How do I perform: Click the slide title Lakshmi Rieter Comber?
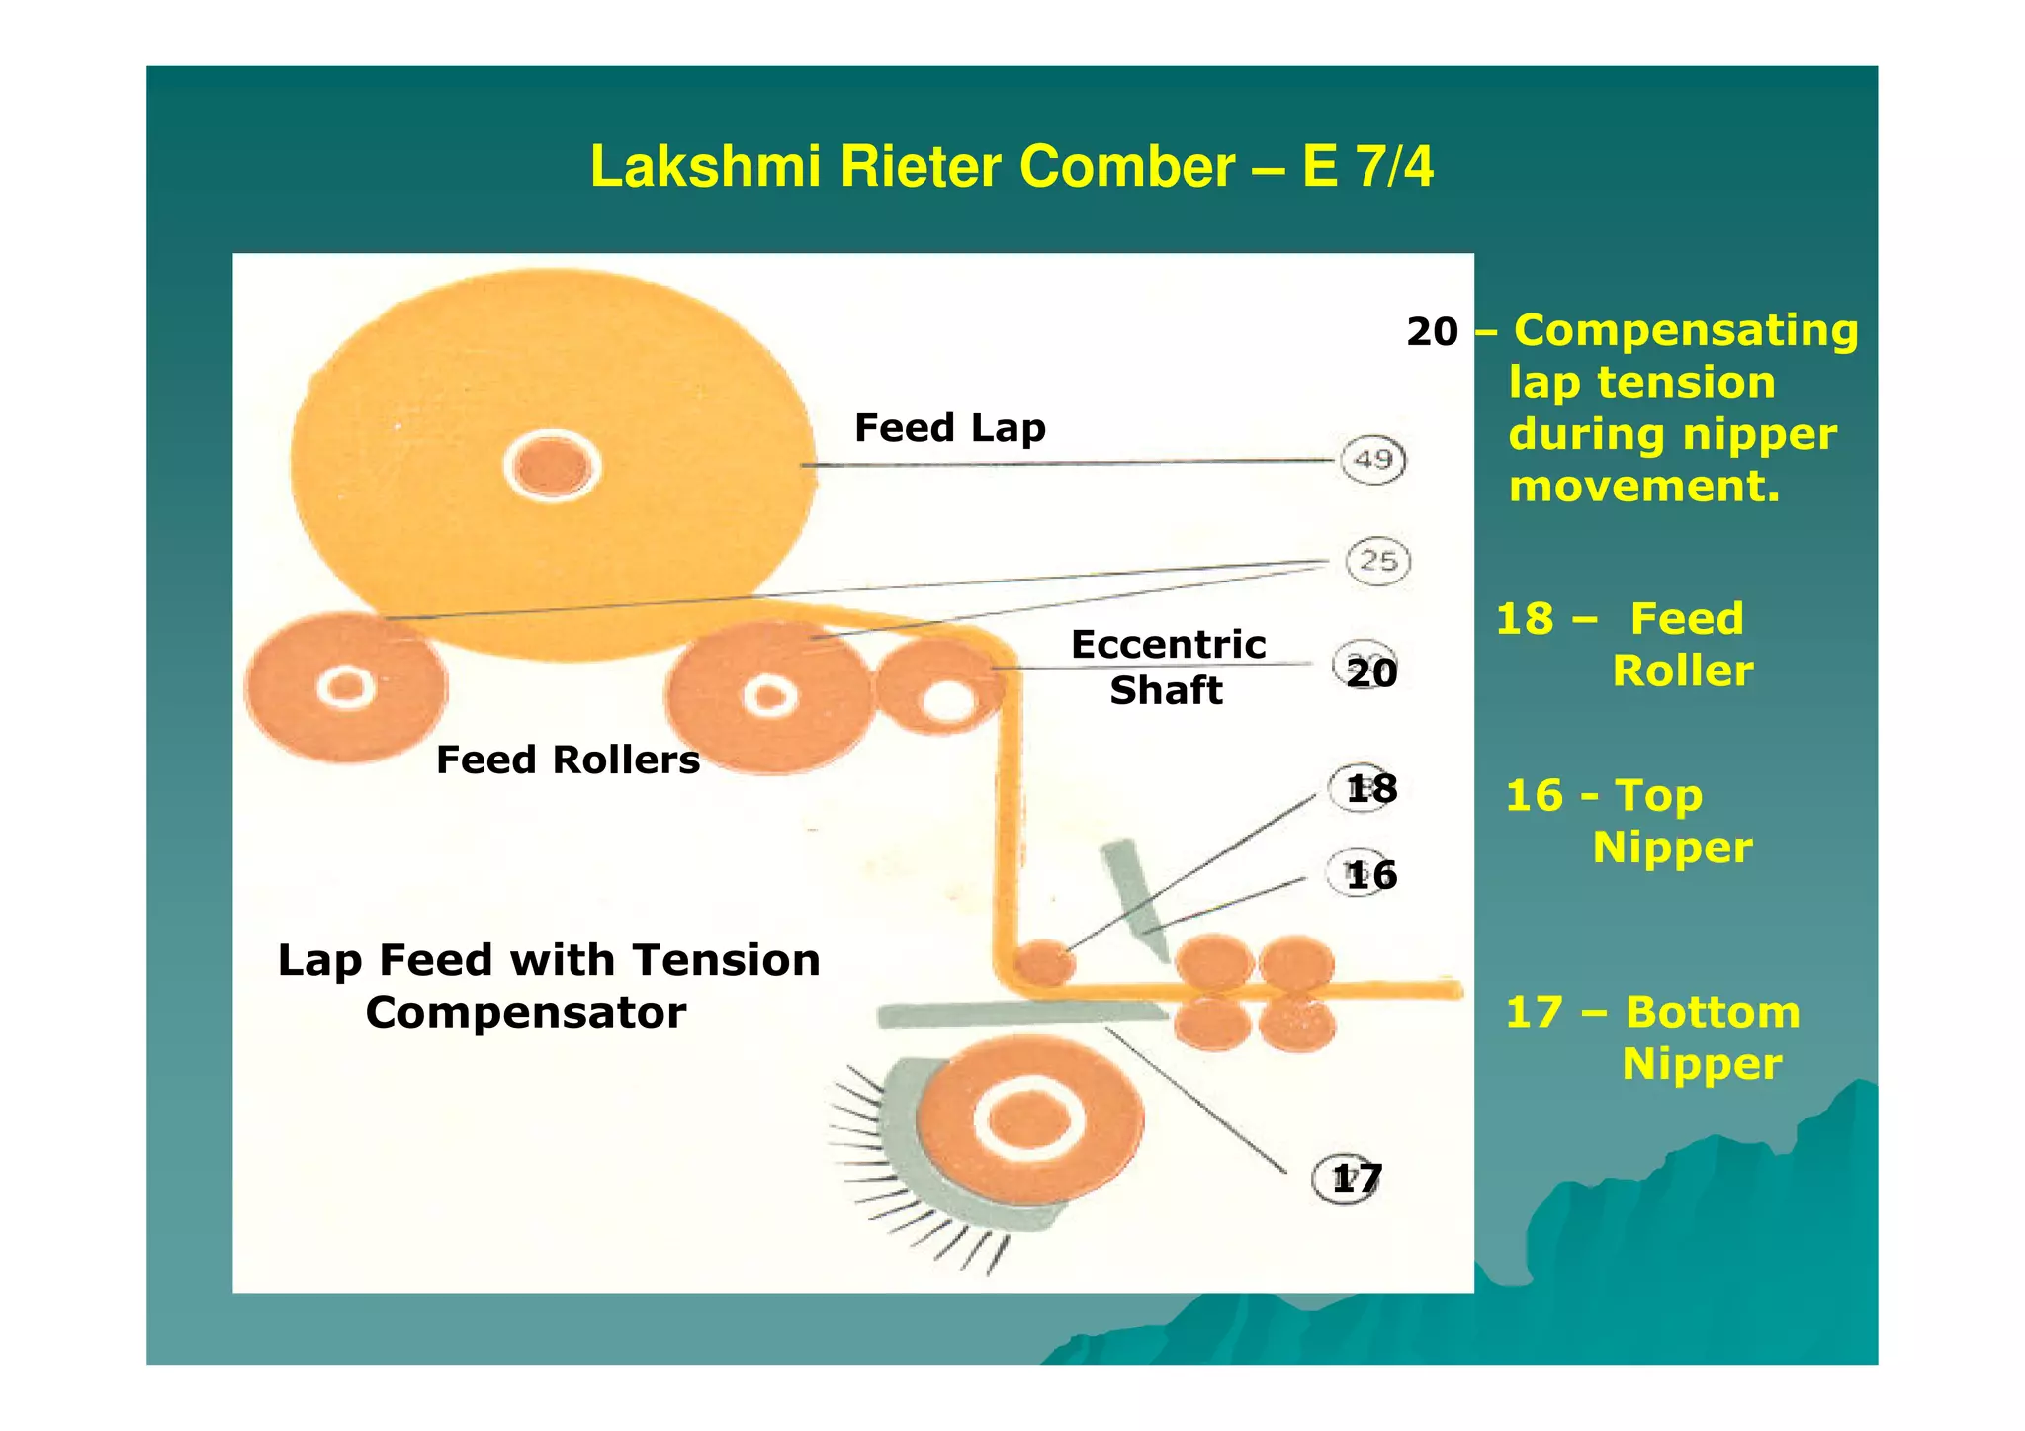pyautogui.click(x=1011, y=166)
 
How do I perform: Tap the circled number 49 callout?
pyautogui.click(x=1372, y=460)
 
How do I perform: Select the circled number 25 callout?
pyautogui.click(x=1377, y=562)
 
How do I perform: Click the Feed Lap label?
pyautogui.click(x=949, y=428)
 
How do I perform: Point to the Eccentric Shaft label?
pyautogui.click(x=1168, y=667)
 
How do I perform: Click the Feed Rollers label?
pyautogui.click(x=568, y=760)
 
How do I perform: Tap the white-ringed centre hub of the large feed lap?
pyautogui.click(x=552, y=466)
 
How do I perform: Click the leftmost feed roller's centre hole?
pyautogui.click(x=346, y=686)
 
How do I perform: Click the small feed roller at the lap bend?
pyautogui.click(x=1044, y=962)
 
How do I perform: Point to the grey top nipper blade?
pyautogui.click(x=1134, y=890)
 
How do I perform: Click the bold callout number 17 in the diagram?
pyautogui.click(x=1356, y=1179)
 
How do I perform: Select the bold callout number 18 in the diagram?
pyautogui.click(x=1371, y=789)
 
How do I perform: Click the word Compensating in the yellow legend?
pyautogui.click(x=1686, y=330)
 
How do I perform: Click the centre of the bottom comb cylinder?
pyautogui.click(x=1029, y=1120)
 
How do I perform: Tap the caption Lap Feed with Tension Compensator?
pyautogui.click(x=549, y=986)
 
